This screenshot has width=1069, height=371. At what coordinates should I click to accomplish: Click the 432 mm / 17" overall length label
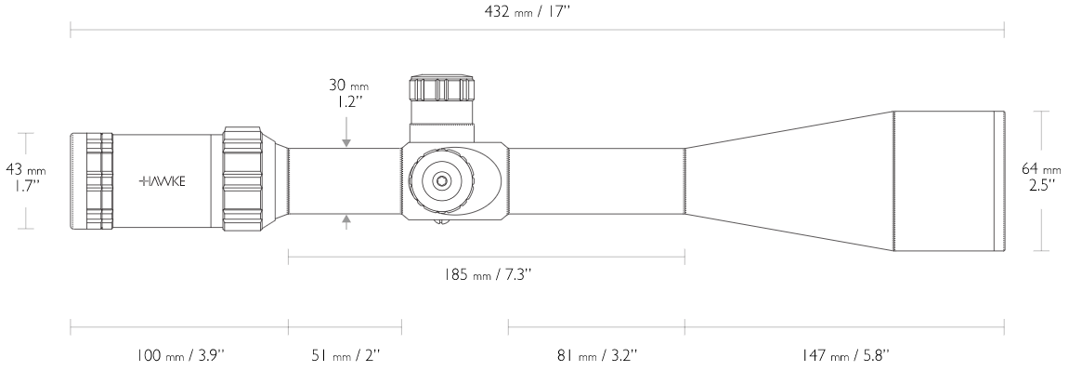(x=527, y=11)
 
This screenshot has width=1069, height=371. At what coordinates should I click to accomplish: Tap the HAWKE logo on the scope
(x=162, y=181)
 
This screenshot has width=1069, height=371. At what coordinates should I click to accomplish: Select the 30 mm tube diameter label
(x=347, y=86)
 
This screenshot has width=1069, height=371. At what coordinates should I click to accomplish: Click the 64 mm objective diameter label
(x=1042, y=168)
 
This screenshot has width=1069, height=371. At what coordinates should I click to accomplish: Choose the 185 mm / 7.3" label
(x=486, y=274)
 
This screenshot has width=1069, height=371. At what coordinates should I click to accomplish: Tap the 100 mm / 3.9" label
(x=181, y=354)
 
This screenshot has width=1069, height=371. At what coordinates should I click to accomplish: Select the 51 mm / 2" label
(x=345, y=354)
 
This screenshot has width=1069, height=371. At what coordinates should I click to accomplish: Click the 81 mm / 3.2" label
(x=596, y=354)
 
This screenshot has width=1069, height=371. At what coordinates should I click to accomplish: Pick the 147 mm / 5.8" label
(x=845, y=354)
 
